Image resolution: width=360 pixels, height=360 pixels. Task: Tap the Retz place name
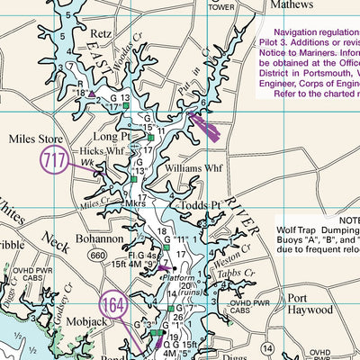102,35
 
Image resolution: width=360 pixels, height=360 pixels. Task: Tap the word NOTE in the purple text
345,220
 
